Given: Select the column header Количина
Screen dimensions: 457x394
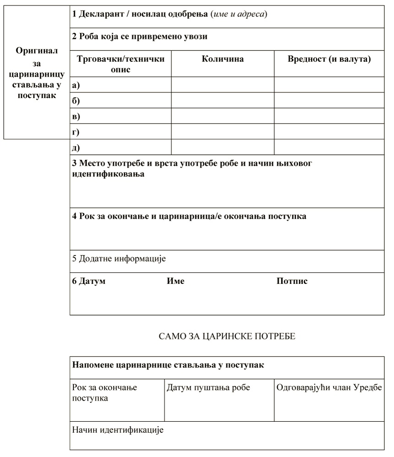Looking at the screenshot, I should [x=223, y=59].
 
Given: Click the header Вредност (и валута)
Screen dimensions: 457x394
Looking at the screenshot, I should [x=329, y=59].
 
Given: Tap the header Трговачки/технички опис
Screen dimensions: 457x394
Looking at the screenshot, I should [x=120, y=64].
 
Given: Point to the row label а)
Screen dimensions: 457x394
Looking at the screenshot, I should [x=76, y=85].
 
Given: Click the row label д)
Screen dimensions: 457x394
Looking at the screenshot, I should [x=76, y=147].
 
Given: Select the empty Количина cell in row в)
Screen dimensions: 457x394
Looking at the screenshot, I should [x=223, y=116].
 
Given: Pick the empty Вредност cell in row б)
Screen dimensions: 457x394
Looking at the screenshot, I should [x=329, y=100].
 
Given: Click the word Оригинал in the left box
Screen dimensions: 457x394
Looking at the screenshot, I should [x=37, y=51].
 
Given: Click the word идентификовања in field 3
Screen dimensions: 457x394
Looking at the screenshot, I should [x=109, y=174].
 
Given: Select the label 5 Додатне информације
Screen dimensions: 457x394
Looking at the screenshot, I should [x=119, y=259].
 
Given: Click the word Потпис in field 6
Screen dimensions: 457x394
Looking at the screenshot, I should [x=292, y=281].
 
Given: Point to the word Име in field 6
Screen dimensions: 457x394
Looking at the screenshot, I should [x=175, y=281].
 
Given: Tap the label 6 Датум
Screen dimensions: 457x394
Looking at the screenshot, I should [x=89, y=281].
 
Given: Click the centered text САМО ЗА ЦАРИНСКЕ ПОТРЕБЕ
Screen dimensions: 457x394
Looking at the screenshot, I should [x=227, y=337].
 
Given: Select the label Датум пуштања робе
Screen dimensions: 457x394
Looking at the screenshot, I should [x=208, y=388].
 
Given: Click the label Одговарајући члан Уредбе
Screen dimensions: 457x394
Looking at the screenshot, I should [x=329, y=388].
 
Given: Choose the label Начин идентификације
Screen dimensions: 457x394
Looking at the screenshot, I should [x=118, y=430].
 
